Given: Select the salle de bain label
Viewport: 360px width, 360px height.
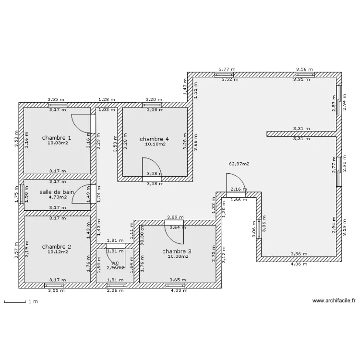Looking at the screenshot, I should tap(57, 192).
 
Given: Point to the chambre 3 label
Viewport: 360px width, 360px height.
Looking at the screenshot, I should tap(176, 251).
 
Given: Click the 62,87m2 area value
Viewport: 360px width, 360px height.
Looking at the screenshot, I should tap(239, 164).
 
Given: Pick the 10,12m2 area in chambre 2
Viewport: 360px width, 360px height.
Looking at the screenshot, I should tap(57, 252).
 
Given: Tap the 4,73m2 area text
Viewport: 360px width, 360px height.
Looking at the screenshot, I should tap(57, 197).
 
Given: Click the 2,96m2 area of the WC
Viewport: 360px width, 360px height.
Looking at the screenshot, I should tap(115, 267).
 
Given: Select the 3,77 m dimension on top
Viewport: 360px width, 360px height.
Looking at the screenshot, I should tap(227, 69).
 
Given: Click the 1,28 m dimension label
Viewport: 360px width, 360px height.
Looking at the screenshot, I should tap(107, 99).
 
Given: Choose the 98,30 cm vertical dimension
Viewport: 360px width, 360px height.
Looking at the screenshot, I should tap(142, 236).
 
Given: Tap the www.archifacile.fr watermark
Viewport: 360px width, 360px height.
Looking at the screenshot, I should tap(334, 301).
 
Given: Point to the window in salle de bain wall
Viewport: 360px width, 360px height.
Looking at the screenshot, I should tap(21, 194).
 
